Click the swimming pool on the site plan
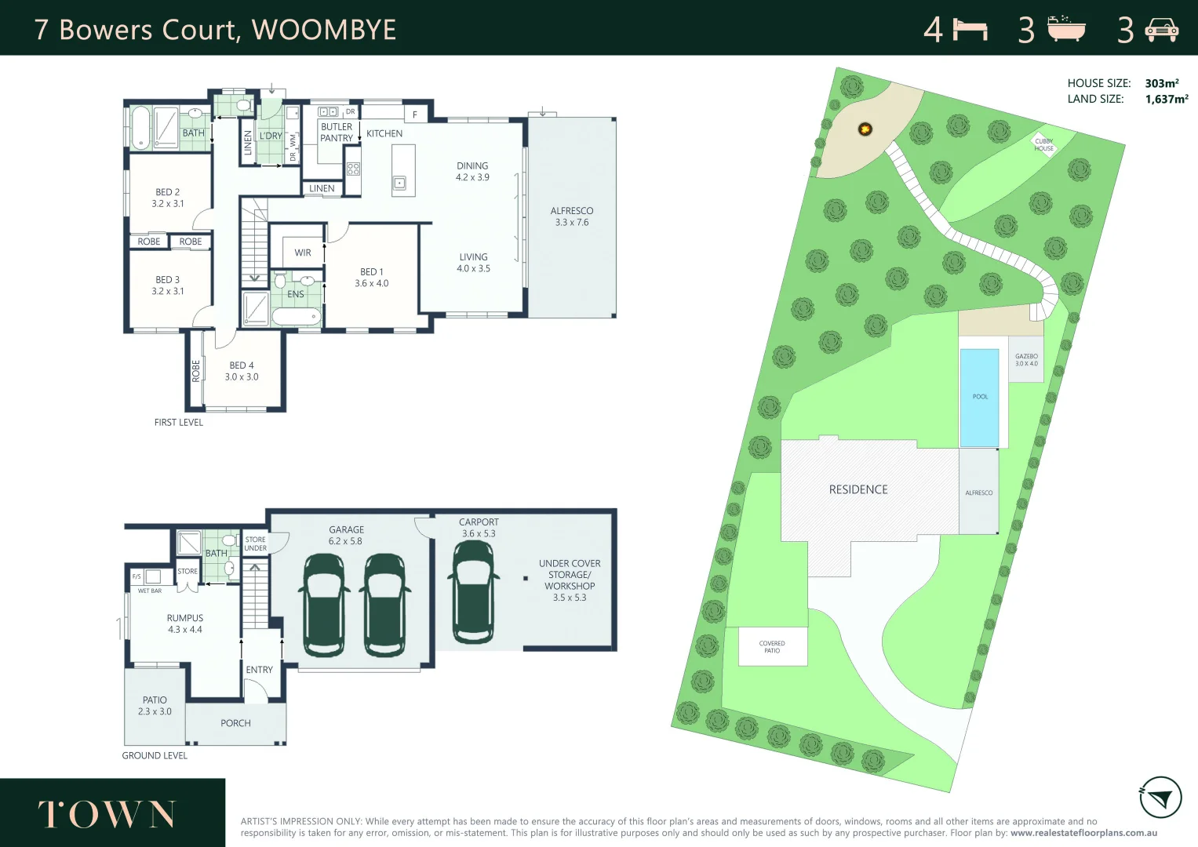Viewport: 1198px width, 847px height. [x=979, y=397]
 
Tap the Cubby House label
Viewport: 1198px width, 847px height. [x=1043, y=145]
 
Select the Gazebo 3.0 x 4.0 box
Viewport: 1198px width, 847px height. [x=1026, y=360]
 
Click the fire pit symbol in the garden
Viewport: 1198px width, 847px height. [x=865, y=129]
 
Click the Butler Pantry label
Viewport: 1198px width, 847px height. [x=337, y=133]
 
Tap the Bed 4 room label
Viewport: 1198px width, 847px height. [x=242, y=371]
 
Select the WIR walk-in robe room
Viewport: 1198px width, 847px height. [x=303, y=253]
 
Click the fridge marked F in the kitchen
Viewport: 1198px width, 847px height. [x=415, y=115]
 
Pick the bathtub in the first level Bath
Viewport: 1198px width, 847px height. [x=140, y=127]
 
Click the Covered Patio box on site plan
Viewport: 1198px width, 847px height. [x=772, y=647]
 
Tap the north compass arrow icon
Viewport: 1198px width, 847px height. [x=1160, y=798]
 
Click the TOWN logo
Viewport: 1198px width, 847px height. [x=107, y=815]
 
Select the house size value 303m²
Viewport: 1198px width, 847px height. [x=1161, y=83]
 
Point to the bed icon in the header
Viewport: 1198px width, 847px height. [x=970, y=30]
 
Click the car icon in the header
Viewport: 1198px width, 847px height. [x=1162, y=30]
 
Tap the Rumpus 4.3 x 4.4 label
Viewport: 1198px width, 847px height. [x=185, y=623]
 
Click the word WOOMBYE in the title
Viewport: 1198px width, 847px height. [x=323, y=30]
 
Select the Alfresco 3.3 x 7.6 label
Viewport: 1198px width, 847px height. [x=572, y=216]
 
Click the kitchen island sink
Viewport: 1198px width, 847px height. [x=399, y=184]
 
